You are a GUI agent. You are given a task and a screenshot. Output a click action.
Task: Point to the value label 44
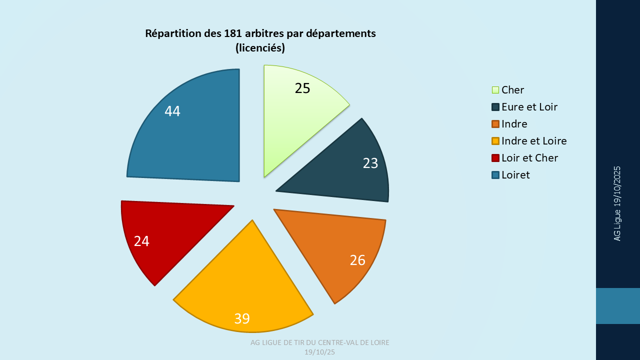coord(172,111)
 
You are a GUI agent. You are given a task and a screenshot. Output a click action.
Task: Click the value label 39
coord(242,318)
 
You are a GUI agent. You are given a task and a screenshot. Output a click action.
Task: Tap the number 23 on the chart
coord(370,163)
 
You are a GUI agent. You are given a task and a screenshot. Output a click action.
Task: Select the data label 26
coord(357,260)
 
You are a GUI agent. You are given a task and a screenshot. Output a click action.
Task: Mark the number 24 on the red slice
coord(141,241)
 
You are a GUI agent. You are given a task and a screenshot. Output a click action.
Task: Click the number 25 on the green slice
coord(302,88)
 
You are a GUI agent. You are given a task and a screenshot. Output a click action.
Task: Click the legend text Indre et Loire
coord(534,141)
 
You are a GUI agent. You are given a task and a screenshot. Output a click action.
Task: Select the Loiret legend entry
coord(515,175)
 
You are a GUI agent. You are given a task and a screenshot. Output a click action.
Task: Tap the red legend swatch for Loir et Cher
coord(495,158)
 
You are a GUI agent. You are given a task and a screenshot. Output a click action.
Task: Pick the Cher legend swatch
coord(495,90)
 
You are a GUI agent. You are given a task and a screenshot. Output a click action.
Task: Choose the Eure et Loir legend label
coord(529,107)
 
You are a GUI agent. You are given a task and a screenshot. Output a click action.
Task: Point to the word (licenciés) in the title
coord(260,48)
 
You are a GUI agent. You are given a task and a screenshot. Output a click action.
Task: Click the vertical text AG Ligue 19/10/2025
coord(617,203)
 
